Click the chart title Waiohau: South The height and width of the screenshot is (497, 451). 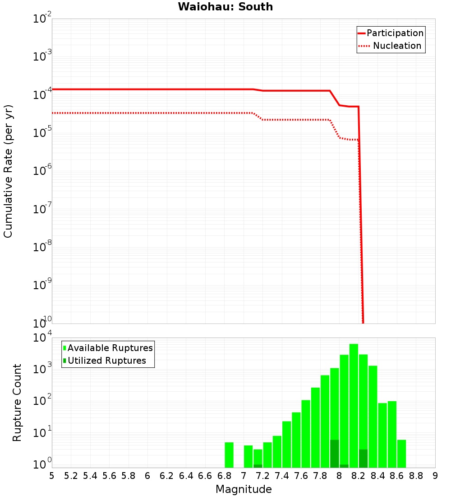225,7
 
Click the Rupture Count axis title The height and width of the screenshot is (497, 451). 17,402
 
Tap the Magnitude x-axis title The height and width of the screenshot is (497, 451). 244,489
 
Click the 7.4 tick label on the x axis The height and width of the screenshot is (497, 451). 282,475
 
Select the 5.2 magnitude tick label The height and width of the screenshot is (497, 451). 71,475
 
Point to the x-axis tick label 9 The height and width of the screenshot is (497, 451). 435,475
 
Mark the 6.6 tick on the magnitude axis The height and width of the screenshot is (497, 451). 205,475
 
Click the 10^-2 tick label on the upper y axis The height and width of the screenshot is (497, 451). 42,19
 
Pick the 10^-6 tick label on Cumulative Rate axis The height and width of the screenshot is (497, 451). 42,171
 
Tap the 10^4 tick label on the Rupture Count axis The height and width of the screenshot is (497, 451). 42,338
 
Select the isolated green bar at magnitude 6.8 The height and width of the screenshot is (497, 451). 229,455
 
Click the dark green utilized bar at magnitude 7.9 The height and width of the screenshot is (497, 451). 335,454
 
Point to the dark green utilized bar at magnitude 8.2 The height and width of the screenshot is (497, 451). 363,459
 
